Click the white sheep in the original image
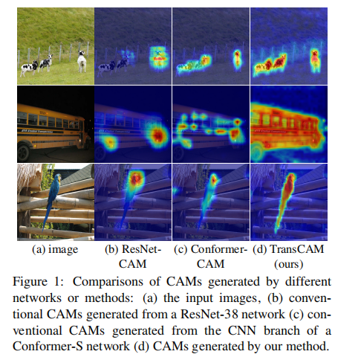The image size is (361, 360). tap(82, 61)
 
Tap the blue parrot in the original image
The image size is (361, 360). tap(53, 199)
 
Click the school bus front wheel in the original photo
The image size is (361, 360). tap(24, 152)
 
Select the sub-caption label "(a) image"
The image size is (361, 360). tap(55, 249)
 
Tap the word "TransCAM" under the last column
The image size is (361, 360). tap(297, 249)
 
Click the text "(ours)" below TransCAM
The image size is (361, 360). tap(289, 264)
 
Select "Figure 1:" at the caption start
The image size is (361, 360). tap(39, 282)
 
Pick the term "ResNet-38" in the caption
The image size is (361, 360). tap(209, 314)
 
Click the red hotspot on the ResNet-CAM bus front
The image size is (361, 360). tap(157, 135)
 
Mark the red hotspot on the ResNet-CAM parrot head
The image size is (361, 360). tap(135, 178)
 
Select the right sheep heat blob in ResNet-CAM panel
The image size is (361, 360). tap(159, 59)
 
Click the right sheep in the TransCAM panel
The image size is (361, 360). tap(315, 61)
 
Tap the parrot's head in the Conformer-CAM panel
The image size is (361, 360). tap(213, 179)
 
